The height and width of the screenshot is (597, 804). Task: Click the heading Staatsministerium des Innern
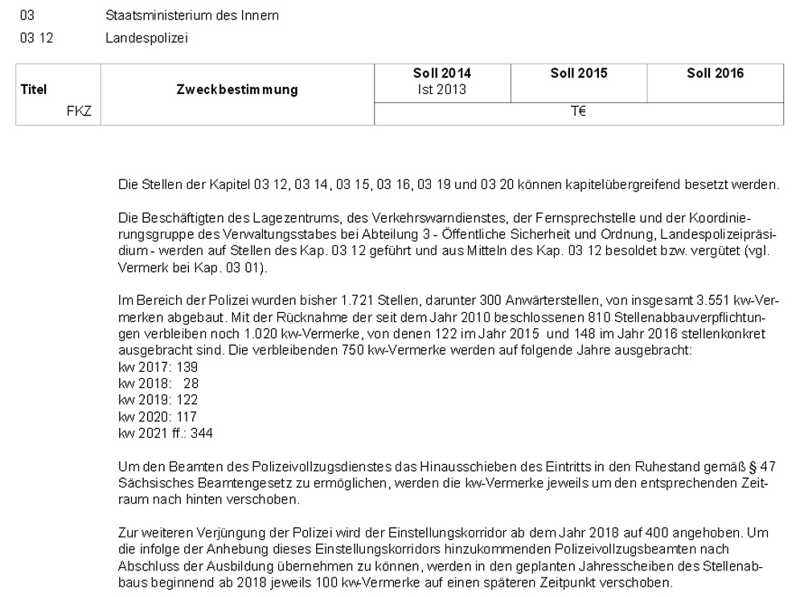[192, 16]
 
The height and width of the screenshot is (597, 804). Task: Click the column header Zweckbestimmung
[237, 90]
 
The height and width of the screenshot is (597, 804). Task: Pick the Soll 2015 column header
[579, 73]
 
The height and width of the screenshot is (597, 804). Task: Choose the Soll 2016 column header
[715, 73]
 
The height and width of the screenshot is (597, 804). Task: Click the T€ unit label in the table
[579, 114]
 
